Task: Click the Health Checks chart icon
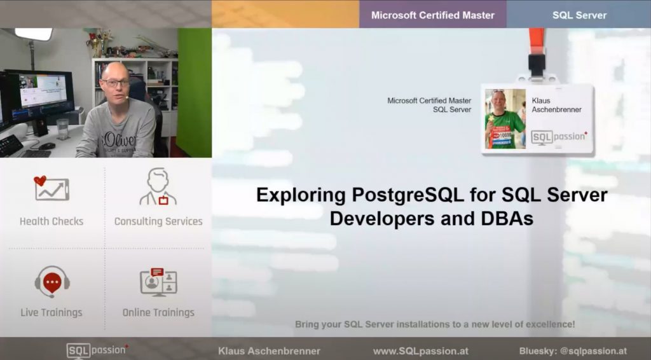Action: (51, 188)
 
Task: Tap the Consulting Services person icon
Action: (158, 186)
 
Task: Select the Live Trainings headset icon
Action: (52, 282)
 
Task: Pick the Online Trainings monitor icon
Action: (158, 282)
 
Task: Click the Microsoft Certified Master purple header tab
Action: (432, 14)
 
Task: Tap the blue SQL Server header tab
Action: (579, 14)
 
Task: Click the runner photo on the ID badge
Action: (505, 119)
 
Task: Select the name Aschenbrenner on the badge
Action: (556, 109)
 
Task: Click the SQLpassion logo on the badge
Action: (559, 137)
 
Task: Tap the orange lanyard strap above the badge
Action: (537, 41)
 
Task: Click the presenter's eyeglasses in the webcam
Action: (115, 83)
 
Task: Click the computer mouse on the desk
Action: (47, 146)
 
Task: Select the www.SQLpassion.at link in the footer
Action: (421, 351)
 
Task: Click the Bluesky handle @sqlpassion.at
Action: (593, 351)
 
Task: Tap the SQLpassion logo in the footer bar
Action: (97, 351)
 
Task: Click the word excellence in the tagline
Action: (550, 324)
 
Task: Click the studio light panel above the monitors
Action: (34, 34)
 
